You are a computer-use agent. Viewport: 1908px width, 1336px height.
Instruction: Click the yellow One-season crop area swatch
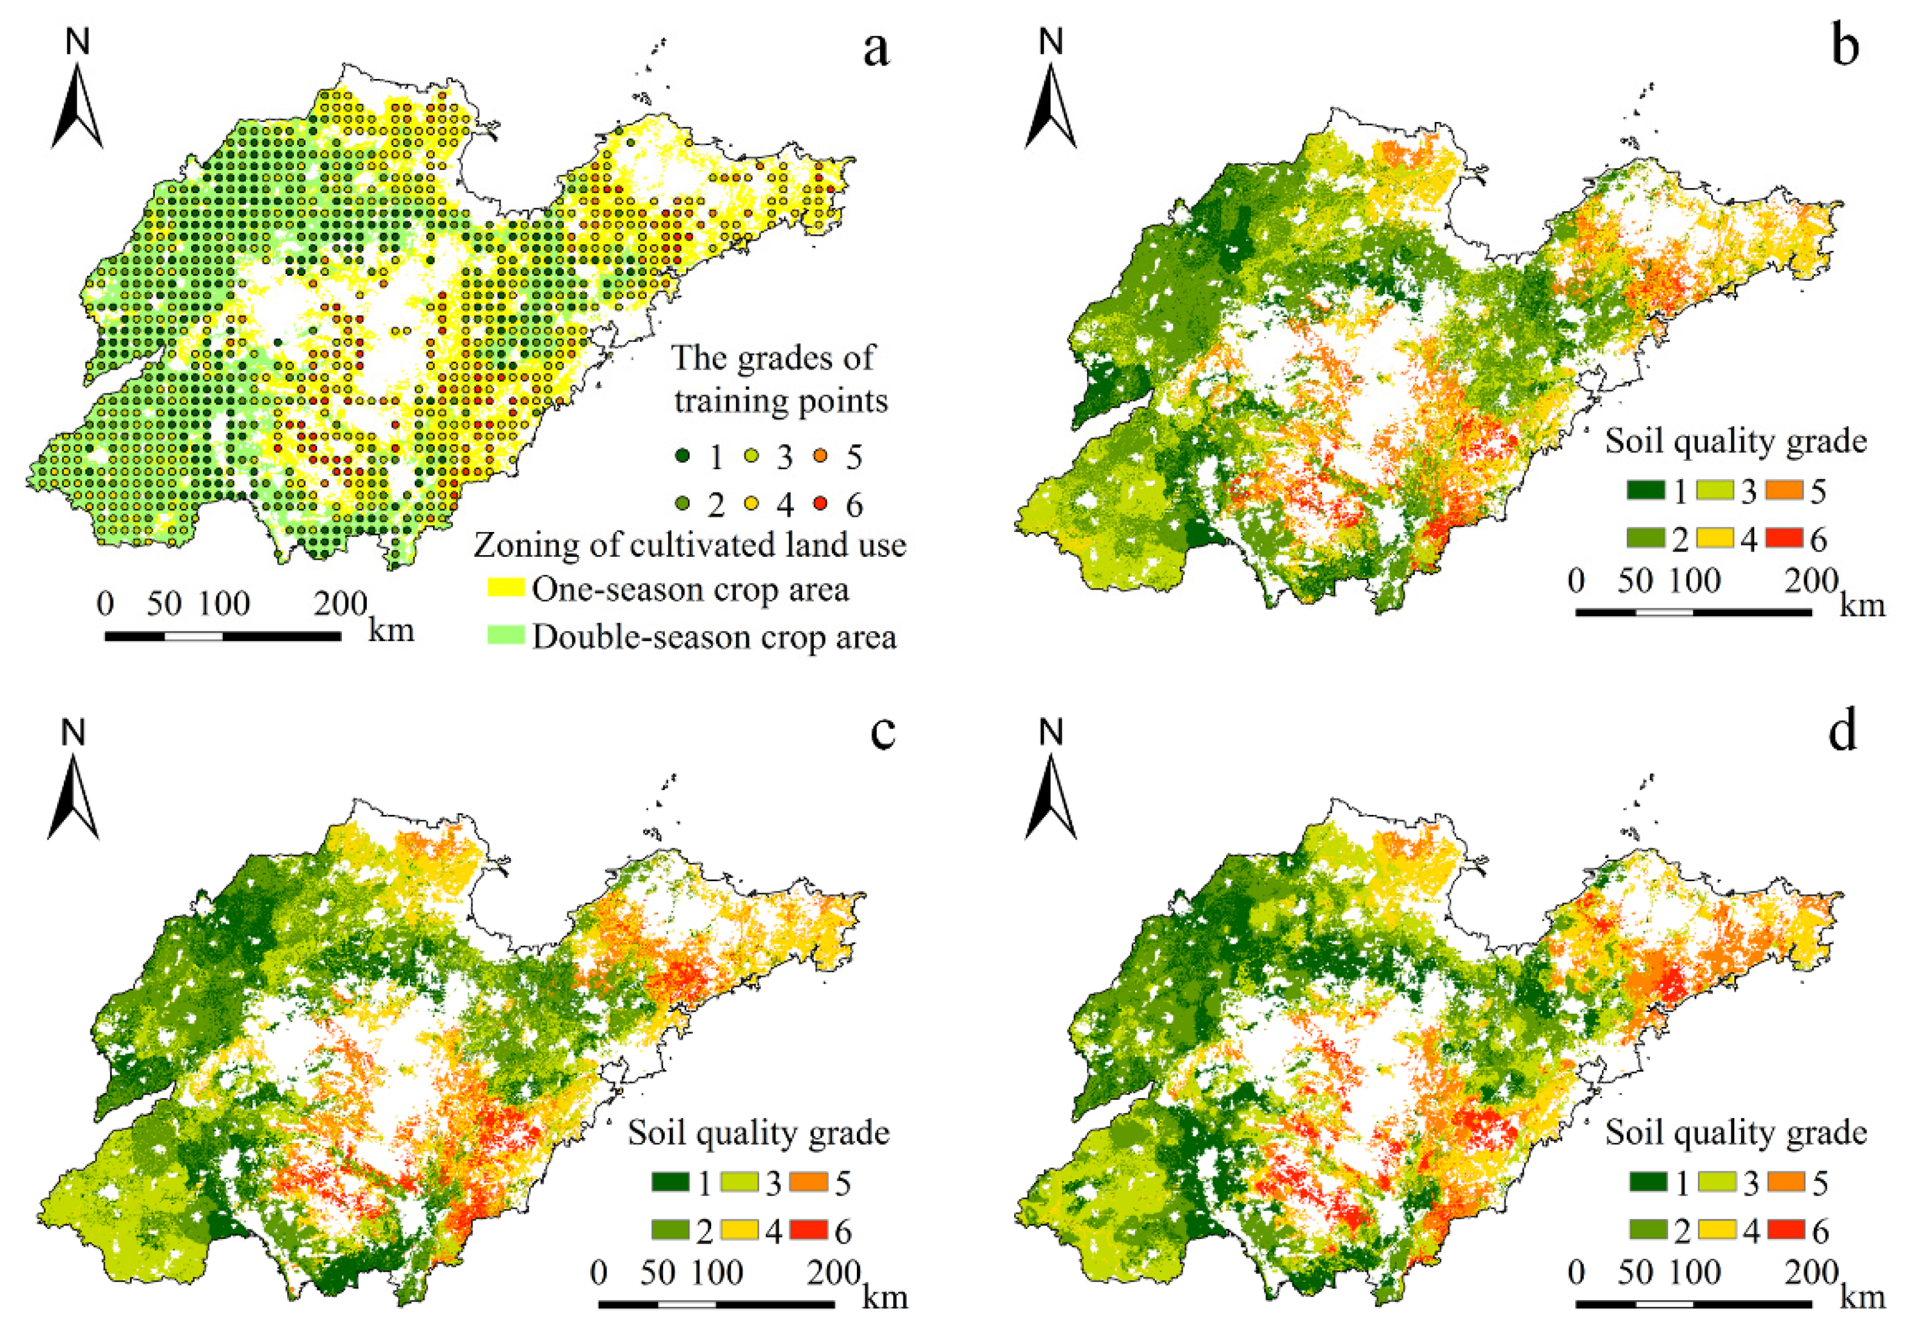[505, 588]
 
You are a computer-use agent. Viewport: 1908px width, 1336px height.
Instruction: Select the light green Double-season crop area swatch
[505, 636]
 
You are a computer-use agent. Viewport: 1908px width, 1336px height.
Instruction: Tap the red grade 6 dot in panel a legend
[821, 503]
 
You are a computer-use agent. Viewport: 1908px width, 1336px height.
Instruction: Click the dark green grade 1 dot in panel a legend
[683, 455]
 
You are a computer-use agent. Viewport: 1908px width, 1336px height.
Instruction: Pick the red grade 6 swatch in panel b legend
[1785, 539]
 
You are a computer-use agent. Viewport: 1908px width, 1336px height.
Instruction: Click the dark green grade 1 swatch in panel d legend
[1646, 1182]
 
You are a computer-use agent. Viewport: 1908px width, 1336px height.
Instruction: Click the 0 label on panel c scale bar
[598, 1272]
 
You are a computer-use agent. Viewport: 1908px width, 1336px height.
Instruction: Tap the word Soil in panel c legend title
[654, 1133]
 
